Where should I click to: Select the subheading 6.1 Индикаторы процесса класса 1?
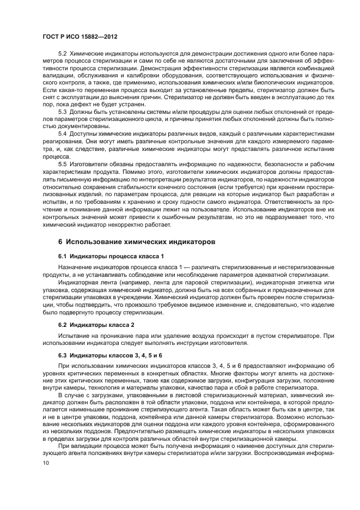pyautogui.click(x=111, y=256)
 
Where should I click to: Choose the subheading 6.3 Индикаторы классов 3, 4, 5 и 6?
pyautogui.click(x=110, y=355)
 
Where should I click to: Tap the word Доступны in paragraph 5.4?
pyautogui.click(x=82, y=132)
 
